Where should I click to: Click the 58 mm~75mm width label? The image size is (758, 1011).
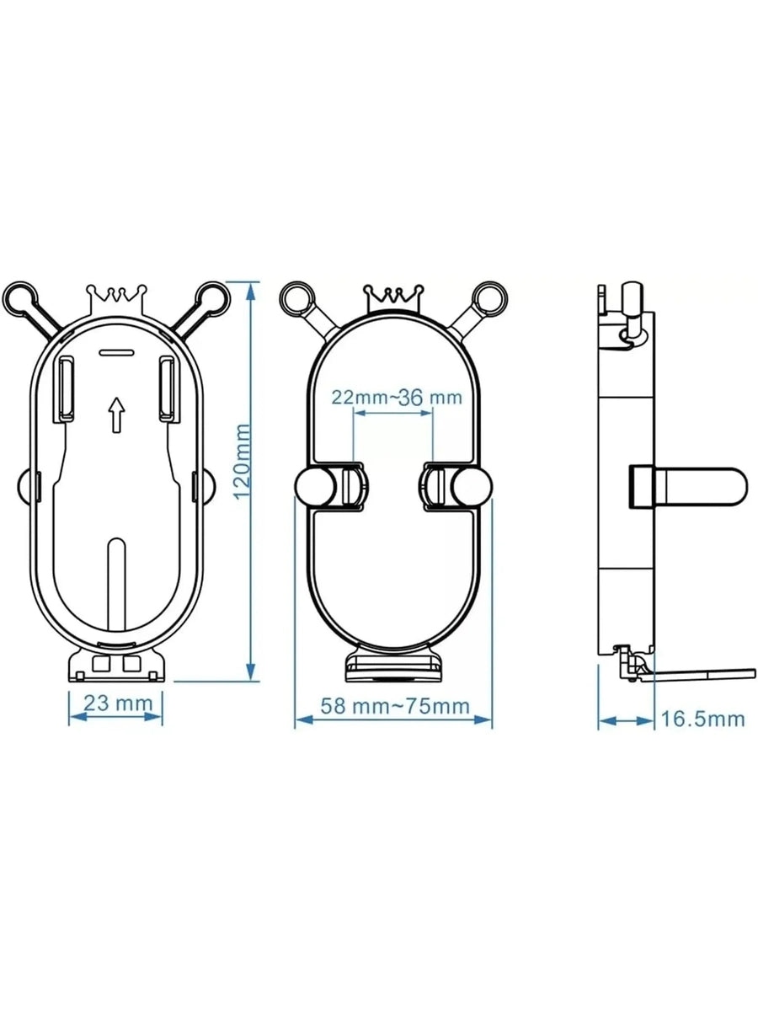tap(393, 706)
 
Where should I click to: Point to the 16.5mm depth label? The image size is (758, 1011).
tap(702, 719)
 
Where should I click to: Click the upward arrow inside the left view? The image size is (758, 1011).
tap(116, 415)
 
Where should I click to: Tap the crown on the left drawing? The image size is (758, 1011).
tap(117, 297)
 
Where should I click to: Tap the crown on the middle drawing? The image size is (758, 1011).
tap(392, 297)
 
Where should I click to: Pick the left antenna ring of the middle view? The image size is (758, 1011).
tap(296, 297)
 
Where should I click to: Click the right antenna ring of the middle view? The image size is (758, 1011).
tap(488, 297)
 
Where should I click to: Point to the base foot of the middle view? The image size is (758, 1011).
tap(392, 667)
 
